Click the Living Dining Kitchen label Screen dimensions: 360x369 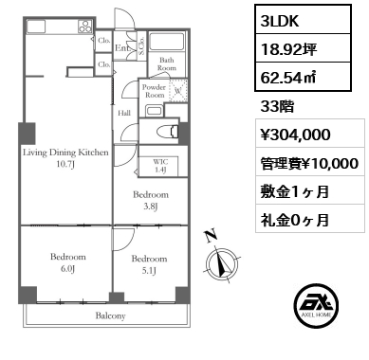point(66,157)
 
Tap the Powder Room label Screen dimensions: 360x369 point(154,91)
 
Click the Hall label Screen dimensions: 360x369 point(124,112)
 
